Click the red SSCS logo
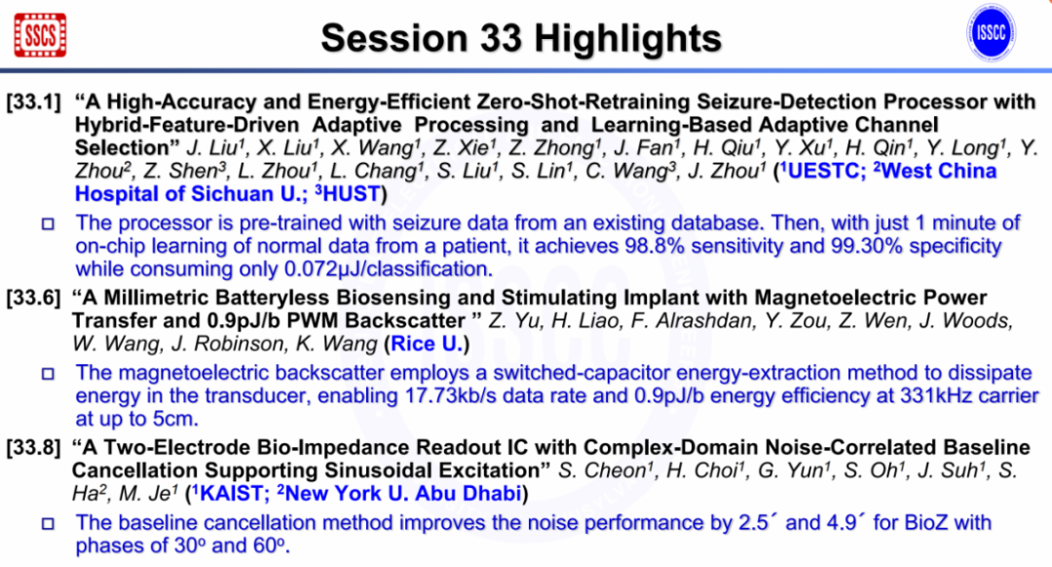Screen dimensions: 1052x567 [x=40, y=35]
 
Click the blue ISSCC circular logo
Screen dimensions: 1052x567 [x=991, y=33]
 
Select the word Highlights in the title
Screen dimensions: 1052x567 [x=627, y=39]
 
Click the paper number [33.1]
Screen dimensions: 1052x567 [x=34, y=102]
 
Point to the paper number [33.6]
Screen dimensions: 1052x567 [x=34, y=298]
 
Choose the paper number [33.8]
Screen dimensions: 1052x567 [x=34, y=447]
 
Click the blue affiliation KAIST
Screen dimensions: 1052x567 [x=230, y=494]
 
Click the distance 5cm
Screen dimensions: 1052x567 [x=174, y=419]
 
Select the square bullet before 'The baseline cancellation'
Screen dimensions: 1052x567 [x=48, y=523]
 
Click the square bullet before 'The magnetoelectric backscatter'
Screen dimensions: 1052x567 [x=48, y=374]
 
